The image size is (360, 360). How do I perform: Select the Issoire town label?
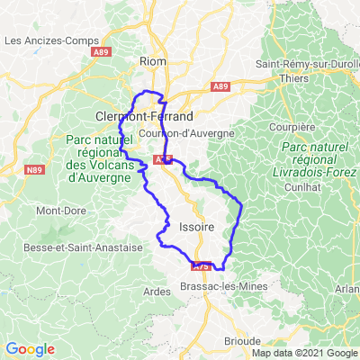pos(195,227)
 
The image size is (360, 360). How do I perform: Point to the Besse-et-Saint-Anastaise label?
pos(74,246)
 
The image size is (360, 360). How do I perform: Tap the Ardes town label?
pos(157,292)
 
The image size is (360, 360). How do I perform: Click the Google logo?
pos(30,348)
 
